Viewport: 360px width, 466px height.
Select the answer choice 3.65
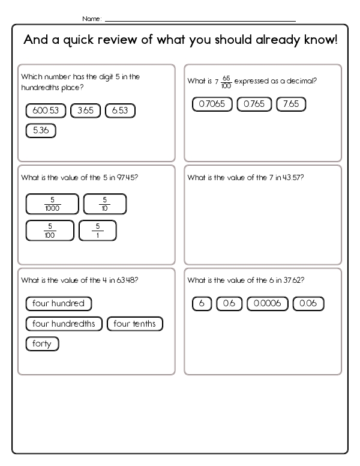coord(86,110)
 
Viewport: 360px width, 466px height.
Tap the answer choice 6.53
coord(120,110)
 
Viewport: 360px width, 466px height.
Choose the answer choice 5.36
coord(41,130)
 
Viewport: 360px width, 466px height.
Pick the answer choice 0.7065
coord(212,104)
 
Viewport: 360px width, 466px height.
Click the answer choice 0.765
coord(254,104)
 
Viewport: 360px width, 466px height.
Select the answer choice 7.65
coord(291,104)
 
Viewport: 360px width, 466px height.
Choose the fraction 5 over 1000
coord(52,204)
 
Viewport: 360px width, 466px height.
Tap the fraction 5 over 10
coord(104,204)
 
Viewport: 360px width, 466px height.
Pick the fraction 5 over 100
coord(50,231)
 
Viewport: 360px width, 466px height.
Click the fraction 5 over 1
coord(97,231)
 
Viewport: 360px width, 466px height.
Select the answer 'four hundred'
coord(59,304)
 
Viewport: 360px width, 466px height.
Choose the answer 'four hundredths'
coord(64,324)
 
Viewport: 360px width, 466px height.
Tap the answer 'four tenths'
coord(135,324)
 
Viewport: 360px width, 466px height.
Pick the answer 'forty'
coord(42,344)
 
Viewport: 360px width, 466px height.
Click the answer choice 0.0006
coord(268,304)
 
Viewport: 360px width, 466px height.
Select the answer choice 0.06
coord(308,304)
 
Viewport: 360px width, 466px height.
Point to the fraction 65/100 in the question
coord(226,82)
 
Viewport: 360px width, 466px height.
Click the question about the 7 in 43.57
coord(245,178)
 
